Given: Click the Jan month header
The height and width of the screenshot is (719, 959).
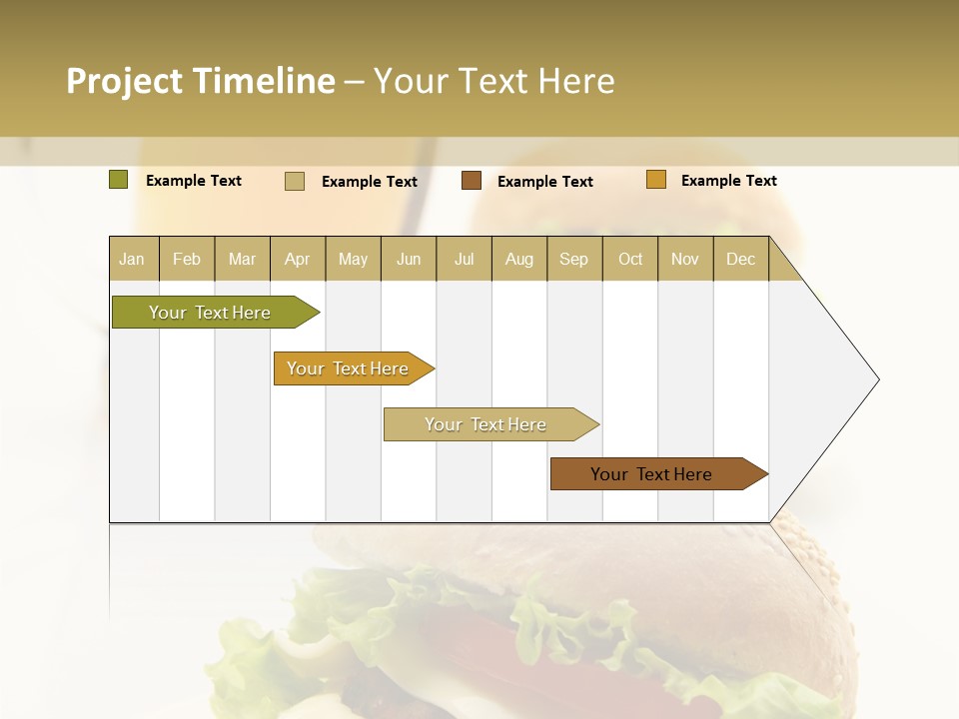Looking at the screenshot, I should tap(132, 260).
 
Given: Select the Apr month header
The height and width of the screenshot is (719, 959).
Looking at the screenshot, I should tap(297, 260).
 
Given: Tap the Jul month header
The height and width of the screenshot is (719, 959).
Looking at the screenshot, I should tap(464, 260).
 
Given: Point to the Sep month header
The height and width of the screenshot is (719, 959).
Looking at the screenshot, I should tap(573, 260).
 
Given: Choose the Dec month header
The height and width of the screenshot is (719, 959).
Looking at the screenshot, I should tap(740, 260).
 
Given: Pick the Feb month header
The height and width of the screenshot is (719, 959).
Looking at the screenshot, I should tap(187, 260).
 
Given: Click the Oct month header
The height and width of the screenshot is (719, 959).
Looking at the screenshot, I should tap(630, 260).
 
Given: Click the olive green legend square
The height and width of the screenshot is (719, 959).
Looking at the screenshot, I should tap(119, 180).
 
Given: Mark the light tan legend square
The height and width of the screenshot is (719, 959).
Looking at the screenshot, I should tap(295, 181).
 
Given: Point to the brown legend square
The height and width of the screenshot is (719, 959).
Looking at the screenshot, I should tap(472, 181).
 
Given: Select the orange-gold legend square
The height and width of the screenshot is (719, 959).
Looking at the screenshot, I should tap(656, 180).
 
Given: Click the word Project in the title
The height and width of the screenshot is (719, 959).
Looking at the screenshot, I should tap(125, 81).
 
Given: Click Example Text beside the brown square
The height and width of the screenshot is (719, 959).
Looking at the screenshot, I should tap(544, 182).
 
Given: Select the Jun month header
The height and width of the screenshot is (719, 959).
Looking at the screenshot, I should tap(409, 260).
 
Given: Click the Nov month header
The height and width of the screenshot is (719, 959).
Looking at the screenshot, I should tap(684, 260).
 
